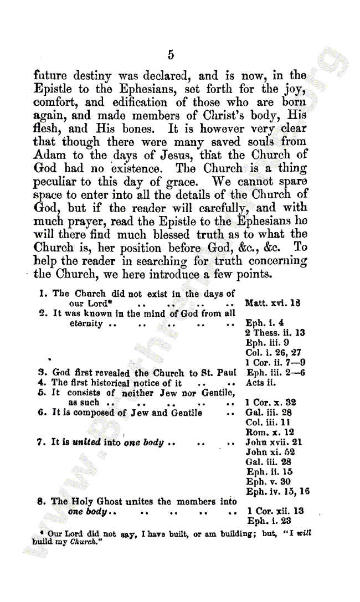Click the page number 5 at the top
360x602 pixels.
coord(171,54)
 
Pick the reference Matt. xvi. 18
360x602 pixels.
coord(272,303)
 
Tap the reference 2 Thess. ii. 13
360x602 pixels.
coord(275,333)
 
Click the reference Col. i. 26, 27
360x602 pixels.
coord(273,353)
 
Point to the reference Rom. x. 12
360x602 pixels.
coord(270,433)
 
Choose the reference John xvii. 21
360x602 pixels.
coord(274,443)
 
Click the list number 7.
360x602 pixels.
coord(40,443)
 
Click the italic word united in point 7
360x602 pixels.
coord(86,443)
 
